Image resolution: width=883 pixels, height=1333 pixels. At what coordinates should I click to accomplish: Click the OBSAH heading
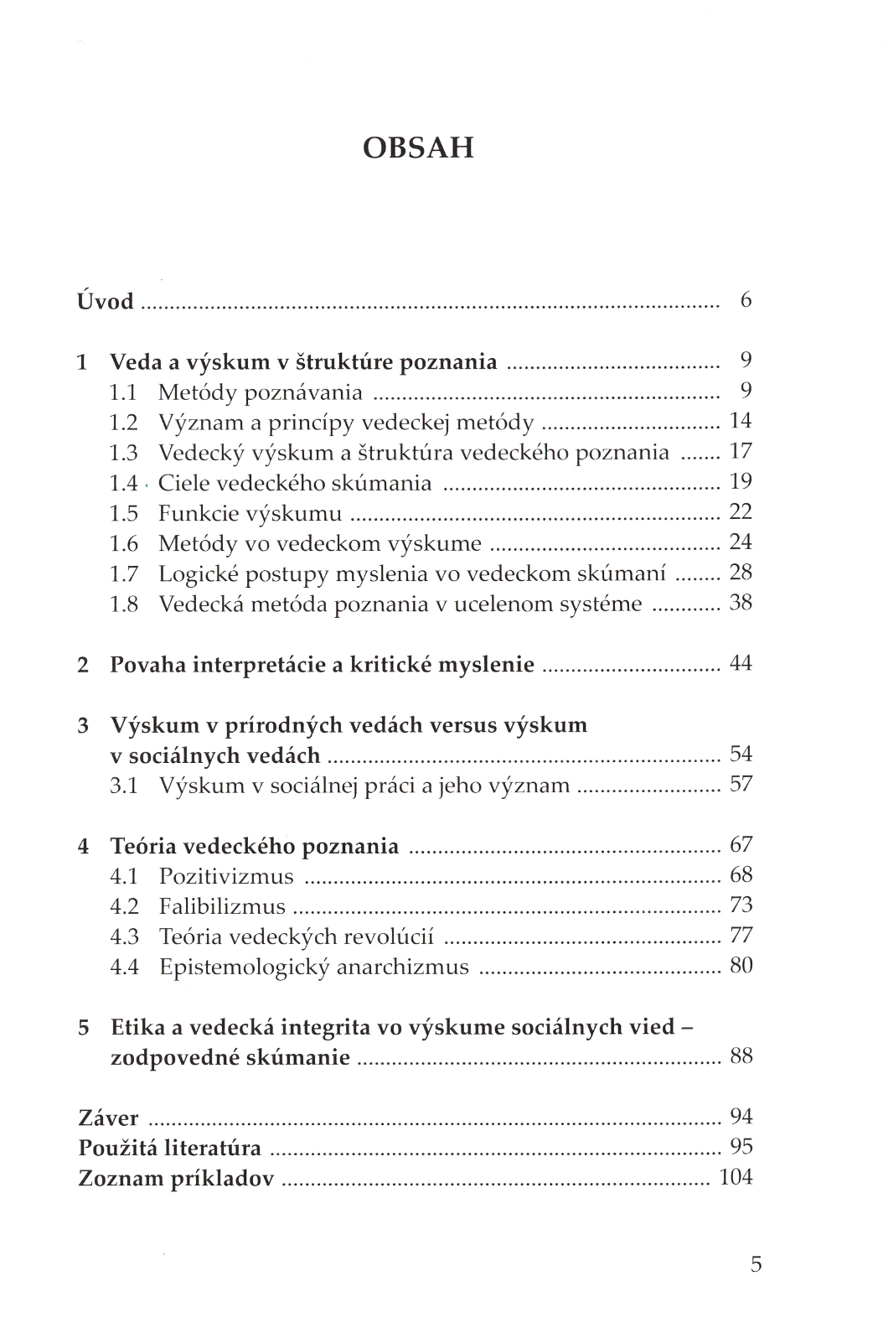click(x=419, y=148)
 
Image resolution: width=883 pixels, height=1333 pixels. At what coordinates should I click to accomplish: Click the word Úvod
click(x=106, y=300)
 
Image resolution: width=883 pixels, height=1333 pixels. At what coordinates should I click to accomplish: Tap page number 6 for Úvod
click(x=746, y=299)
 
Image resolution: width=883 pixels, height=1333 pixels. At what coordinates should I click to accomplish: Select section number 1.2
click(x=123, y=423)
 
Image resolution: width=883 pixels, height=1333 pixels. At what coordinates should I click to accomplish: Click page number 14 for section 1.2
click(x=741, y=421)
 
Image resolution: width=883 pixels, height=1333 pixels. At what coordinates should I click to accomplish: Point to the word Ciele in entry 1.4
click(x=181, y=483)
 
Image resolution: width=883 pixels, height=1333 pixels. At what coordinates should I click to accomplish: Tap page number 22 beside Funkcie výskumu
click(x=741, y=511)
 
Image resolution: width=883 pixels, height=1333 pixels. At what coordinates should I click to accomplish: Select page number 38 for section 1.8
click(x=741, y=602)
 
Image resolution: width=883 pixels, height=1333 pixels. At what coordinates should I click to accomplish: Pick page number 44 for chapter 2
click(x=741, y=663)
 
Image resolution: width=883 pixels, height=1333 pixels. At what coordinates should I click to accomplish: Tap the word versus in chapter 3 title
click(x=462, y=725)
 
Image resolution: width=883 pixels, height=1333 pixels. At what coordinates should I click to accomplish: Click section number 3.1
click(x=123, y=786)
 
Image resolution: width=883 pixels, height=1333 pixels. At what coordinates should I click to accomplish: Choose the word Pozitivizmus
click(x=226, y=877)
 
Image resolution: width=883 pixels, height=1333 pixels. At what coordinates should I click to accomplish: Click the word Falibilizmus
click(x=222, y=907)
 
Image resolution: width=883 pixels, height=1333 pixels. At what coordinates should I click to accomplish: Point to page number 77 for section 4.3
click(x=741, y=936)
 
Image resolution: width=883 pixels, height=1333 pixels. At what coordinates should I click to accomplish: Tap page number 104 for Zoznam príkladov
click(x=736, y=1177)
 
